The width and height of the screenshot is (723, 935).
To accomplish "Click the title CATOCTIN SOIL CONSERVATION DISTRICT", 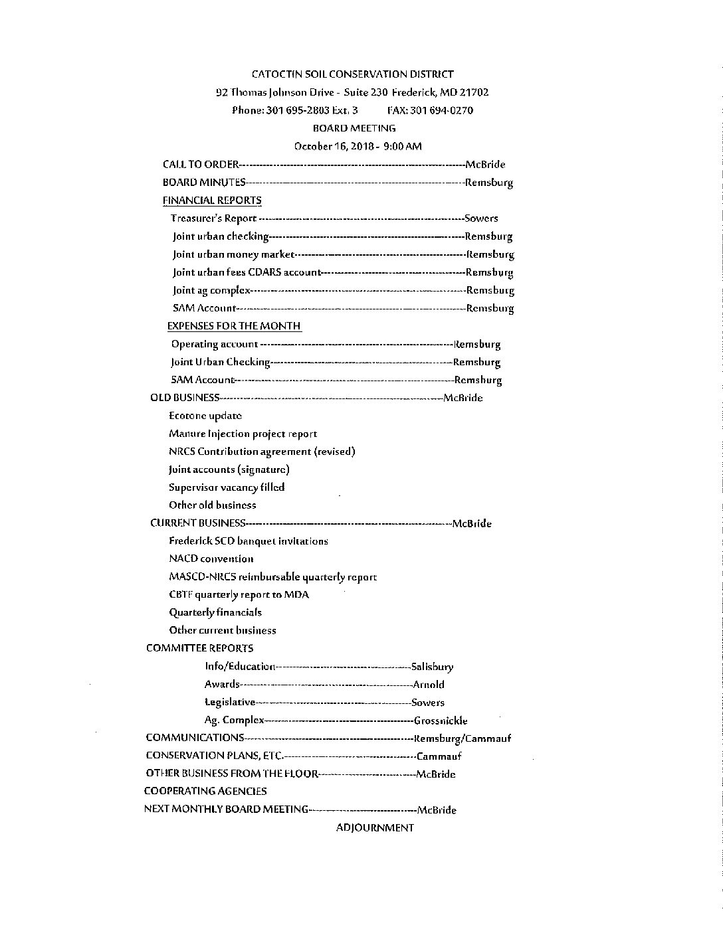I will click(352, 74).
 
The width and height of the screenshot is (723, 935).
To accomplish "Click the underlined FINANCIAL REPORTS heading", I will click(212, 200).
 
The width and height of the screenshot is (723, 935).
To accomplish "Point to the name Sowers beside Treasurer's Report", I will click(481, 218).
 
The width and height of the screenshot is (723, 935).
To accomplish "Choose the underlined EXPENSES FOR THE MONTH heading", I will click(234, 325).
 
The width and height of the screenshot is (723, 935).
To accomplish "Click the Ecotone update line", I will click(205, 416).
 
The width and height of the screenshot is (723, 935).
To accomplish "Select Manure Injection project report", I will click(243, 434).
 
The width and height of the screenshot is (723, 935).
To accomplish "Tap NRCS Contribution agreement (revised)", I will click(262, 452).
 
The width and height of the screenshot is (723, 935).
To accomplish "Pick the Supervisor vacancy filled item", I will click(227, 487).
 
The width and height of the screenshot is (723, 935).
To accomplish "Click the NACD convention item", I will click(211, 558).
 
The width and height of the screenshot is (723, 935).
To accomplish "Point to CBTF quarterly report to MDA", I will click(239, 594).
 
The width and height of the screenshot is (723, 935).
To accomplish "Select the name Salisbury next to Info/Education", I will click(433, 667).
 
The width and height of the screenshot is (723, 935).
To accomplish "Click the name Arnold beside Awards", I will click(429, 685).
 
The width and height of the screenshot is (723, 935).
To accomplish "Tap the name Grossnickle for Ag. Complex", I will click(441, 721).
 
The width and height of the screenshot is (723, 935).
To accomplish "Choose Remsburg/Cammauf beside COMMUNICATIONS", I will click(463, 738).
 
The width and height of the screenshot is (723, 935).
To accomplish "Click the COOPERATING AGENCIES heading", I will click(205, 791).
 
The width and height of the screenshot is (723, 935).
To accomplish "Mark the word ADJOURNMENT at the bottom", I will click(375, 827).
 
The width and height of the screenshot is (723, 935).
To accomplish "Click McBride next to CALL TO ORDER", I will click(485, 164).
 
